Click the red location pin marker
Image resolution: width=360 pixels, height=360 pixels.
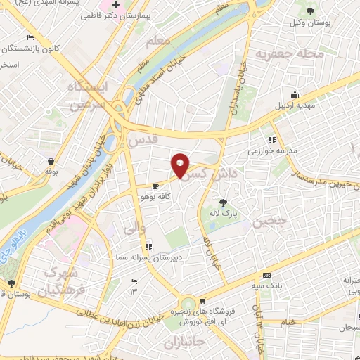click(181, 165)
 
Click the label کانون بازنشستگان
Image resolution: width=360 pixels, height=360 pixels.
click(33, 49)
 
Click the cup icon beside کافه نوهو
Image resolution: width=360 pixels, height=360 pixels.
click(156, 187)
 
